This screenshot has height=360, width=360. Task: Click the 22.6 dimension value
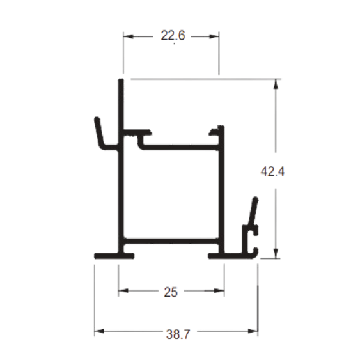coord(173,36)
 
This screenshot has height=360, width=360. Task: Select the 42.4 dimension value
coord(272,171)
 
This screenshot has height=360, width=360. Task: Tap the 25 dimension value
coord(171,292)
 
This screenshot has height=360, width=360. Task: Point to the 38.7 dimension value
coord(178,334)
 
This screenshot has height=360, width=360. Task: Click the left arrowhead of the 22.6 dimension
coord(128,36)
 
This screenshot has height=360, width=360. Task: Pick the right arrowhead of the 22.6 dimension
coord(214,36)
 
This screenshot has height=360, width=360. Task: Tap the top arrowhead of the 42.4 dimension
coord(276,84)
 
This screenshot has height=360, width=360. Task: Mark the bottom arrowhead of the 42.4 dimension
coord(276,253)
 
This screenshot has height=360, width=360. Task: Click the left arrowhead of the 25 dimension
coord(123,291)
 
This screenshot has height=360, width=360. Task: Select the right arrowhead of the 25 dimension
coord(219,291)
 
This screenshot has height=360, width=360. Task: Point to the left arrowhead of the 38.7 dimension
coord(99,331)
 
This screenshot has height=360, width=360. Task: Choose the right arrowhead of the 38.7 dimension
coord(253,331)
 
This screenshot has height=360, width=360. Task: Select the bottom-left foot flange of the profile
coord(114,256)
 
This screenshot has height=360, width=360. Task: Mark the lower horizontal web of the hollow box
coord(171,241)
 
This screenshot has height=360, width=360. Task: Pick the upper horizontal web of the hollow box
coord(178,147)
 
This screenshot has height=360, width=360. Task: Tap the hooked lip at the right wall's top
coord(217,130)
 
